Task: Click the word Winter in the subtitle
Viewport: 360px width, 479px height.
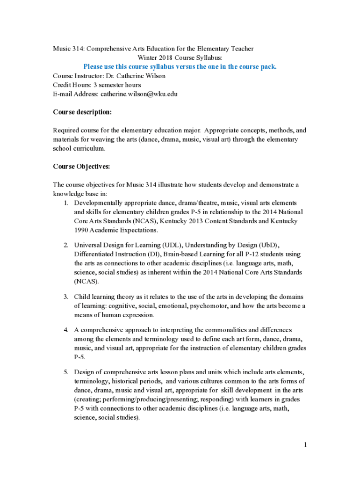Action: pyautogui.click(x=146, y=58)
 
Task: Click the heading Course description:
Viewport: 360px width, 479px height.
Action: pyautogui.click(x=82, y=112)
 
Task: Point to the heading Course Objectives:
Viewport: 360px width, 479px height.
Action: pyautogui.click(x=81, y=167)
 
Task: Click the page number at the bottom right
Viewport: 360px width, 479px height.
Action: pyautogui.click(x=304, y=445)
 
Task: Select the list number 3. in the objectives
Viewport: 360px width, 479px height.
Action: pyautogui.click(x=66, y=297)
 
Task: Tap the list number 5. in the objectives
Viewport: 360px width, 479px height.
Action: pyautogui.click(x=66, y=372)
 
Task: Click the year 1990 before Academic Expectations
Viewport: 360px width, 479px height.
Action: pyautogui.click(x=82, y=230)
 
